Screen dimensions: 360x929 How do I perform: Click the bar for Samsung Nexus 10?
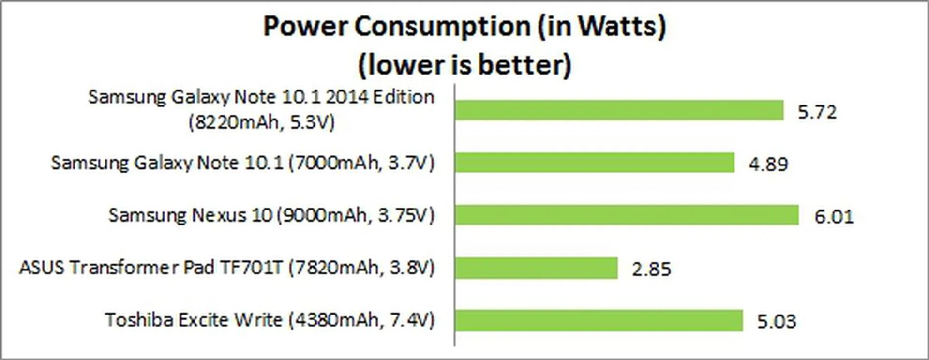click(627, 215)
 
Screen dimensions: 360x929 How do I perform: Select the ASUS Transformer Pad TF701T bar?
click(536, 268)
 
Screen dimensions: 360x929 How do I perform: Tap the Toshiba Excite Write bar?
click(599, 320)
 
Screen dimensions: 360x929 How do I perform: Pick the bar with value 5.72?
click(619, 110)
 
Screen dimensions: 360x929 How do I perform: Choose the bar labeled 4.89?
click(594, 163)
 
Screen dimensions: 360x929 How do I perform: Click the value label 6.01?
click(834, 216)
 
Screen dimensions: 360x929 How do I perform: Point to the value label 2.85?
click(651, 269)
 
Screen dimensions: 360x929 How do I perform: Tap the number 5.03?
click(776, 321)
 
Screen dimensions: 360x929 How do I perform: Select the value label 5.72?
click(817, 112)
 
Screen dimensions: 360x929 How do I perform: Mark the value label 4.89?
click(768, 164)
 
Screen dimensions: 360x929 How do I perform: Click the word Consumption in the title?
click(442, 27)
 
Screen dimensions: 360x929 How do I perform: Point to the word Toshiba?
click(139, 320)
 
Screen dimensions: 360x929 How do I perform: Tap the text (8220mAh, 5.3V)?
click(261, 122)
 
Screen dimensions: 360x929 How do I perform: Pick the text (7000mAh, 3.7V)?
click(361, 163)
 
